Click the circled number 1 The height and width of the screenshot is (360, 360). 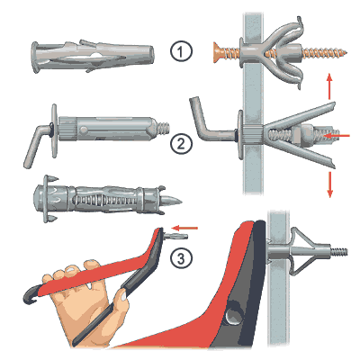[180, 51]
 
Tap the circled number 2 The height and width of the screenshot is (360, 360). [180, 144]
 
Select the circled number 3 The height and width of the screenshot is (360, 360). [180, 258]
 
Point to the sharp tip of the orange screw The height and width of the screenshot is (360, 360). [346, 53]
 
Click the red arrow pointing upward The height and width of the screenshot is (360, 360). [329, 86]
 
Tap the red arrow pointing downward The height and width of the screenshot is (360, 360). [329, 184]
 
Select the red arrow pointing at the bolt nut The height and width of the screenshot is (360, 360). [337, 136]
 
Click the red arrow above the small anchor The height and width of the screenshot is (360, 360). [186, 228]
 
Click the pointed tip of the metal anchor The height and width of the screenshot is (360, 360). [180, 201]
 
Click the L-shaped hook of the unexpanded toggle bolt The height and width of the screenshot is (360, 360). [37, 144]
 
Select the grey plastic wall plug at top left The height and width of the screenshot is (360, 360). [93, 56]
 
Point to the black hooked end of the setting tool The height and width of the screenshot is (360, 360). [31, 295]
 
